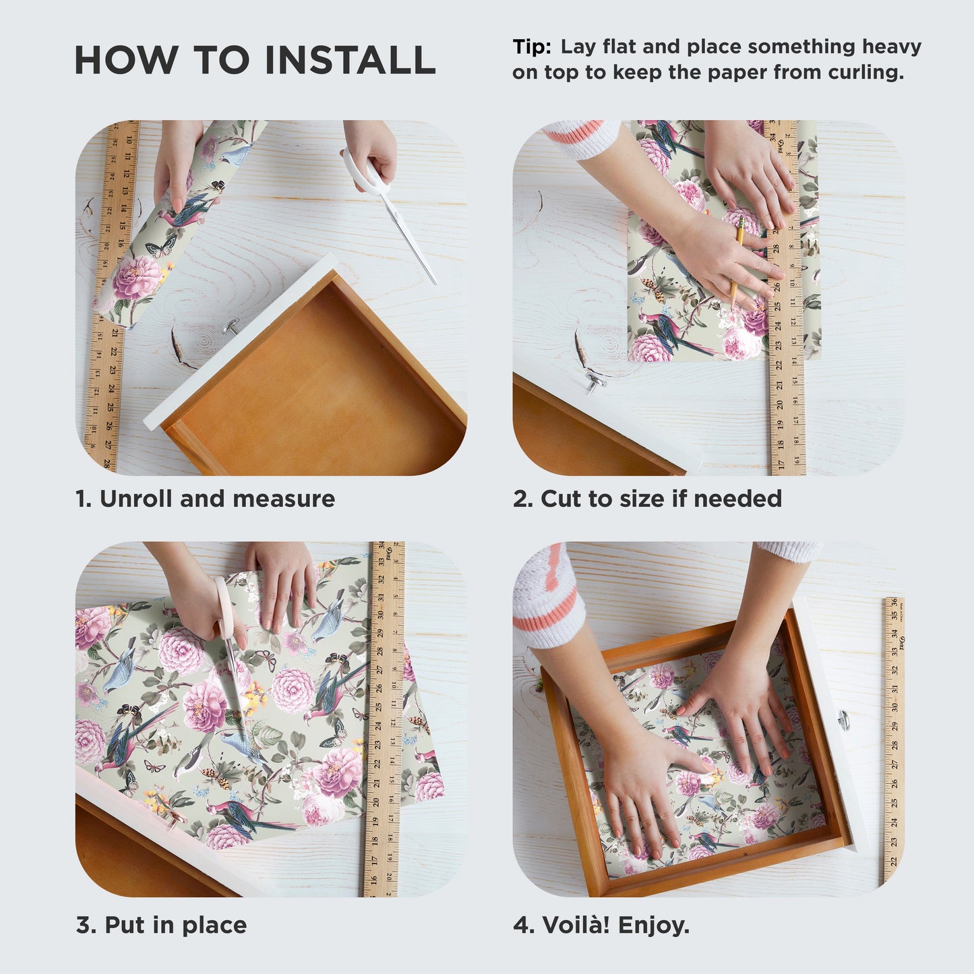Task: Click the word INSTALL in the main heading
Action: click(x=350, y=60)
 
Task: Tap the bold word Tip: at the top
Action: click(x=532, y=47)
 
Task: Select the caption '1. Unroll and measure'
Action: click(x=205, y=499)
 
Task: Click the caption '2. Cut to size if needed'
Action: click(x=647, y=499)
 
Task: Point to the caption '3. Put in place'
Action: click(x=161, y=925)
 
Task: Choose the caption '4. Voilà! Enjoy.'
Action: click(x=601, y=925)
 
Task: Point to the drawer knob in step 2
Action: click(x=594, y=382)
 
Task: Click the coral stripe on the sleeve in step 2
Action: click(x=580, y=132)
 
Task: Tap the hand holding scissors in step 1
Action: click(x=374, y=152)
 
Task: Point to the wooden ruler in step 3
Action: click(x=384, y=721)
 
